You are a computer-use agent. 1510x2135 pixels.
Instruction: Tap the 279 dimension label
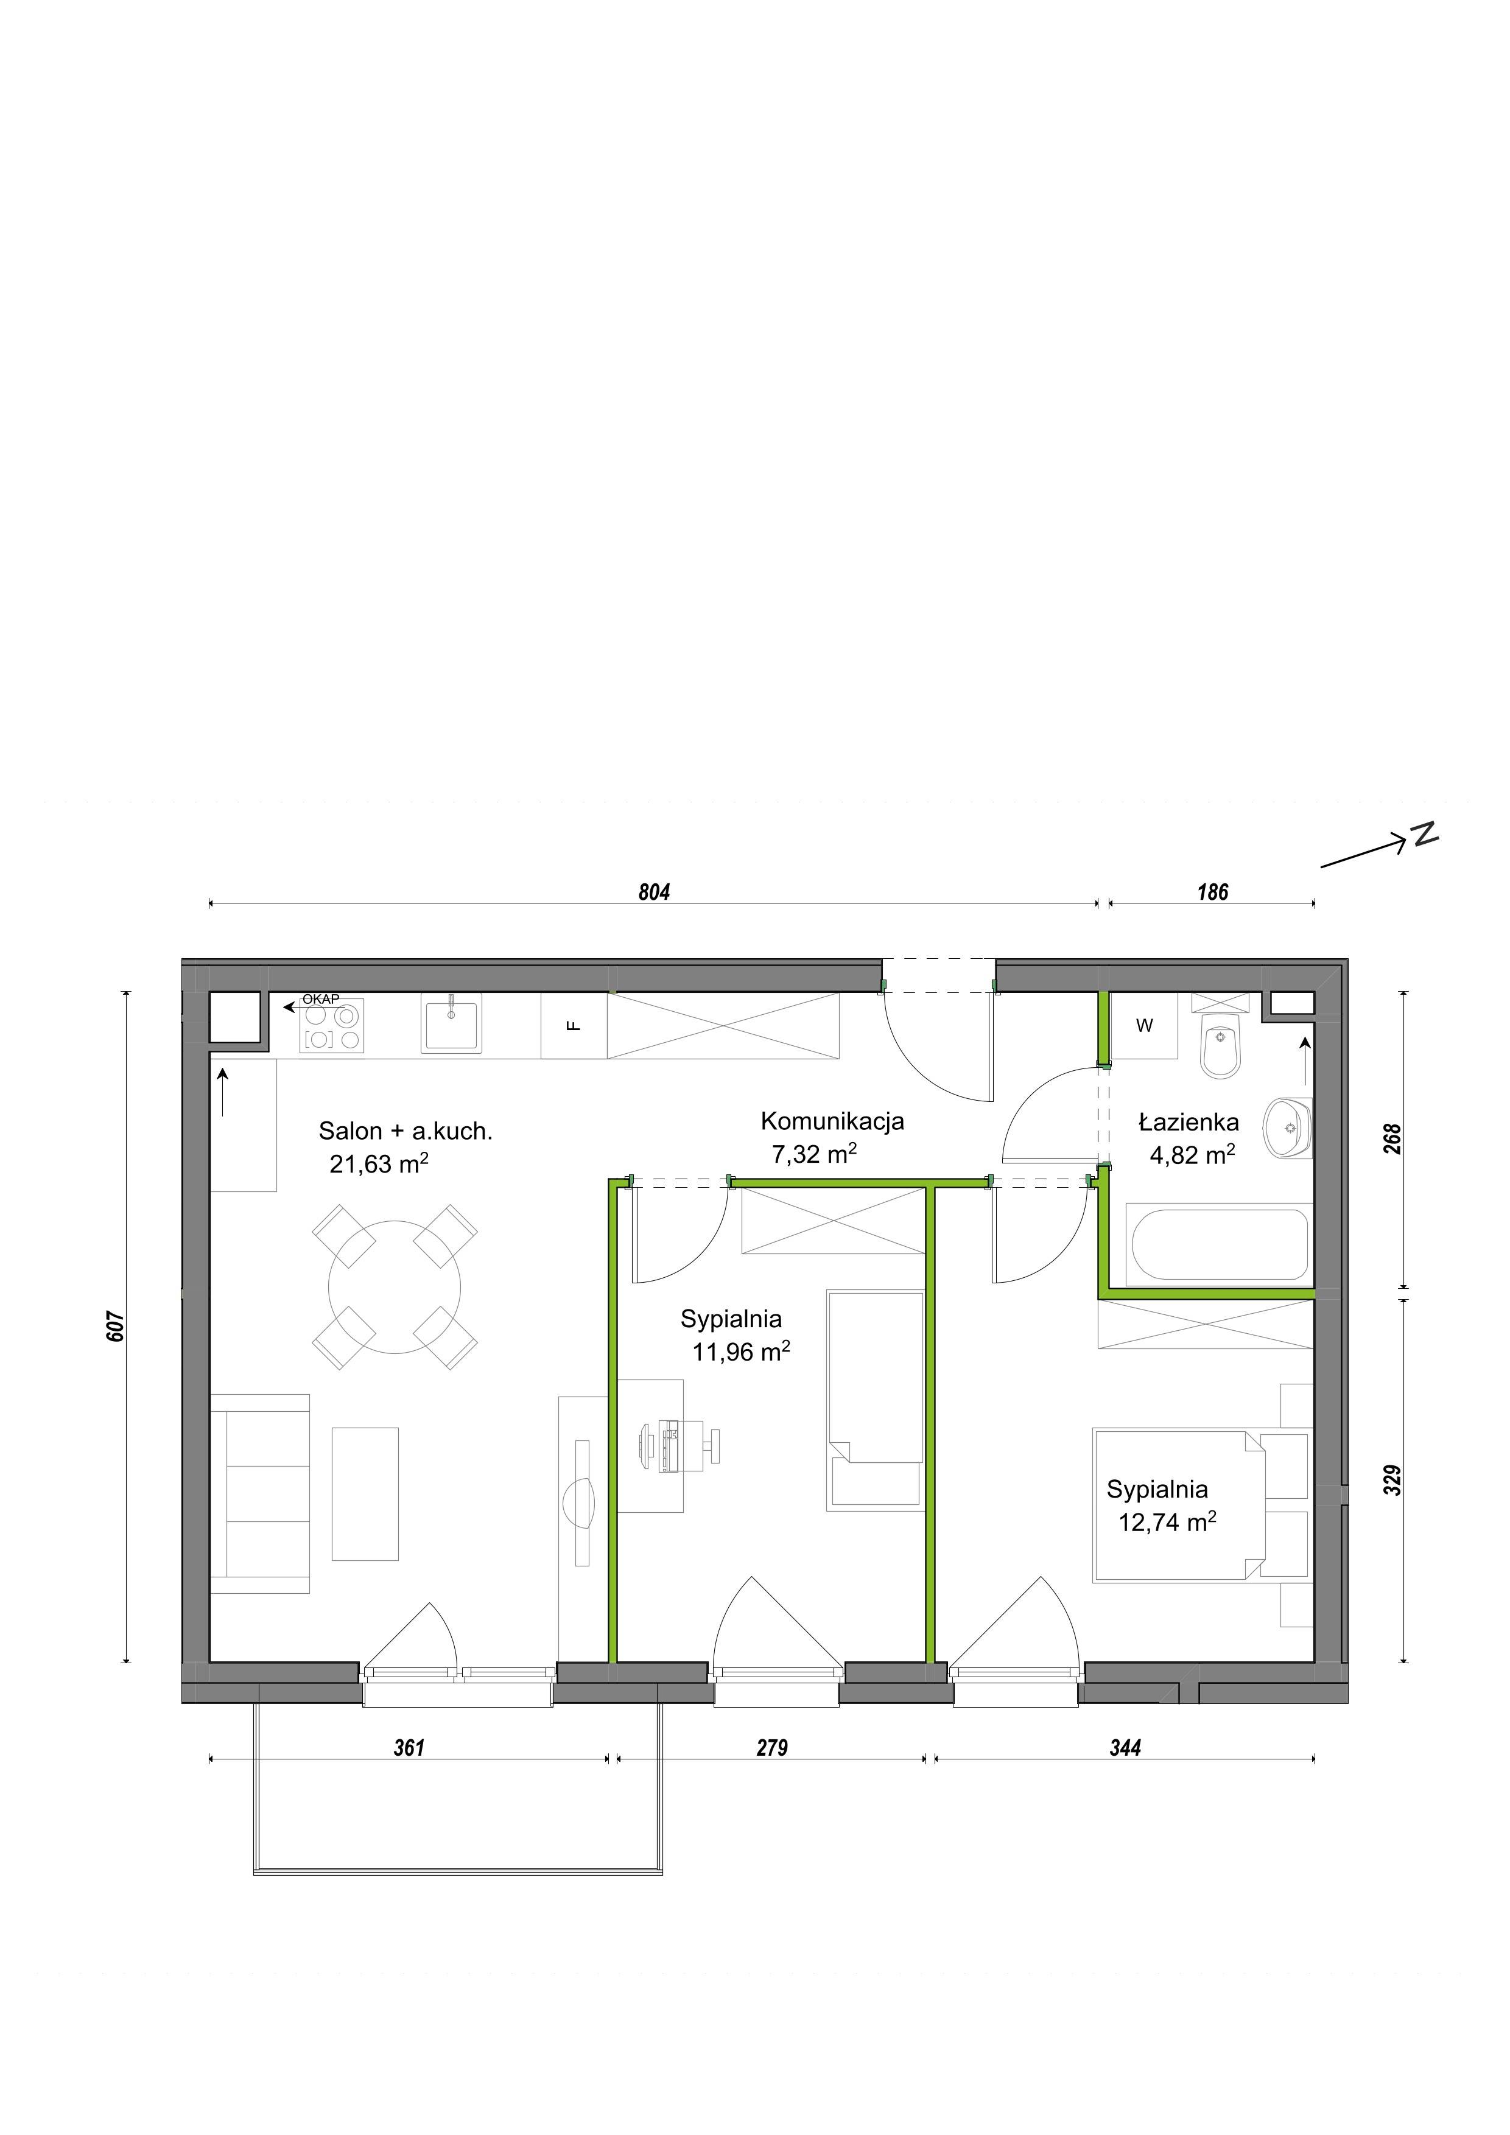coord(771,1748)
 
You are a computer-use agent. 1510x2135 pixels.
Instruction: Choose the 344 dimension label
coord(1125,1748)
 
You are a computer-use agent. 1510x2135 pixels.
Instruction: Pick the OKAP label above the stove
coord(321,1000)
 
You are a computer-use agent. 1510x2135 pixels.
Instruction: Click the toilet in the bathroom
coord(1221,1045)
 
